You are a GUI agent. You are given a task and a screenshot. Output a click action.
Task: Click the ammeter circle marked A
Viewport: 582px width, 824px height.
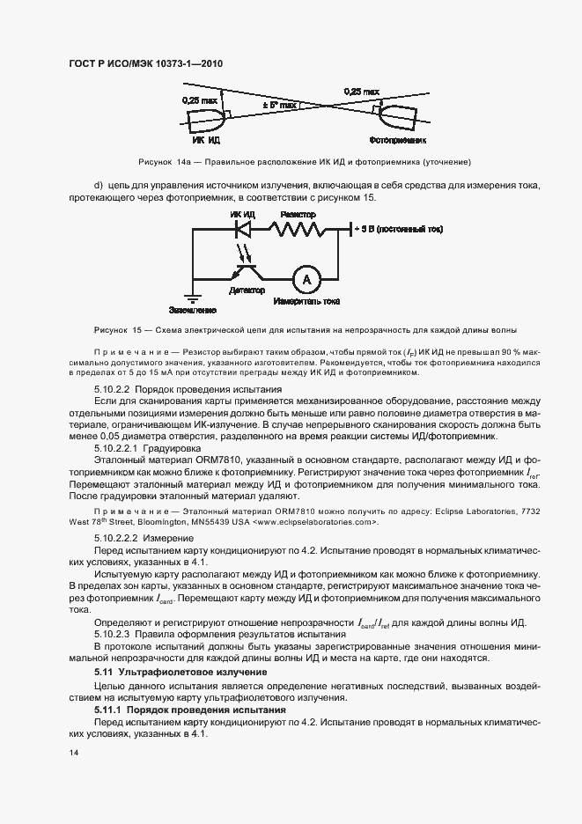coord(306,279)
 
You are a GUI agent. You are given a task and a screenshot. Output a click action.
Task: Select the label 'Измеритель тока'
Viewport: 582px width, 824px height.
coord(306,302)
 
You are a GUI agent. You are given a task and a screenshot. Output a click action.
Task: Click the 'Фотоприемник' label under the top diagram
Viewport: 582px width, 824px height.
coord(398,139)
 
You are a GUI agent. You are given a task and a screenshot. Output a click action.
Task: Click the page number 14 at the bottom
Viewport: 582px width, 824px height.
coord(73,753)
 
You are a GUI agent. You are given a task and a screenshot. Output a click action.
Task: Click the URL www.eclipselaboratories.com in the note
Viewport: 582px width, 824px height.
coord(314,522)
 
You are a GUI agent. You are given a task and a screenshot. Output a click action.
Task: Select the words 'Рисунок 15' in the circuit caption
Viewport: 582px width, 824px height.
coord(118,329)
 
